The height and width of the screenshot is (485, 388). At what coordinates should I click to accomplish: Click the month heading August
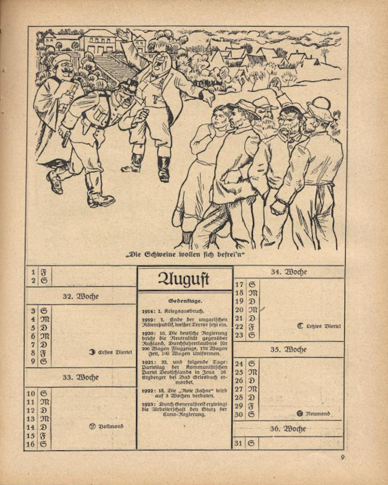(x=184, y=279)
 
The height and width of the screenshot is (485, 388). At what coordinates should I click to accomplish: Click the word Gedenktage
(x=185, y=300)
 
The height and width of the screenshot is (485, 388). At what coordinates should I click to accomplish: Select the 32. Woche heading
(x=80, y=296)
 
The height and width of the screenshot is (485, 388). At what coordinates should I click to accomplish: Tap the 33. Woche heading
(x=80, y=377)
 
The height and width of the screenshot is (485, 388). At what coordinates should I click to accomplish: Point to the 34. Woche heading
(x=288, y=272)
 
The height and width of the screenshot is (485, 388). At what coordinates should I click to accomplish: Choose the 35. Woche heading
(x=288, y=349)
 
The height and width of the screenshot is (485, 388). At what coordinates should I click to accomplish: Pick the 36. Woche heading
(x=288, y=429)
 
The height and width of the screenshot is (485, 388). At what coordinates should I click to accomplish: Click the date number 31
(x=239, y=443)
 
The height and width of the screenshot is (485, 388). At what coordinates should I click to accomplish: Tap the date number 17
(x=239, y=284)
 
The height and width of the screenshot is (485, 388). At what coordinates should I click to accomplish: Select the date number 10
(x=31, y=393)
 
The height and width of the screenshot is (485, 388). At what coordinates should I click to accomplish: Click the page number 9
(x=343, y=458)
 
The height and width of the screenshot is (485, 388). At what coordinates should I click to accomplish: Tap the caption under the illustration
(x=185, y=253)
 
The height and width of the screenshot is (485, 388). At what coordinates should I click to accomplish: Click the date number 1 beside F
(x=33, y=273)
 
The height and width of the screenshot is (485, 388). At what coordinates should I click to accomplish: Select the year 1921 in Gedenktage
(x=148, y=362)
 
